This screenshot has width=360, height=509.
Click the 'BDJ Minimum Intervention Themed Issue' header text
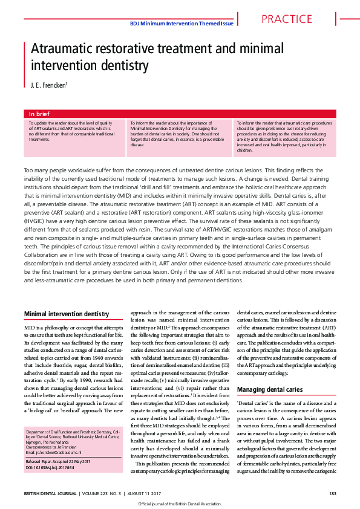[182, 23]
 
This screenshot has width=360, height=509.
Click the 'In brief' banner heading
[40, 114]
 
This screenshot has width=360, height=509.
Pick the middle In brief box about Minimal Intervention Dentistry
[179, 134]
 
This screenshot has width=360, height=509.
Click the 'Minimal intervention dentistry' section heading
[66, 314]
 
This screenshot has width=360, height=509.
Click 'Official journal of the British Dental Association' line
[180, 504]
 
